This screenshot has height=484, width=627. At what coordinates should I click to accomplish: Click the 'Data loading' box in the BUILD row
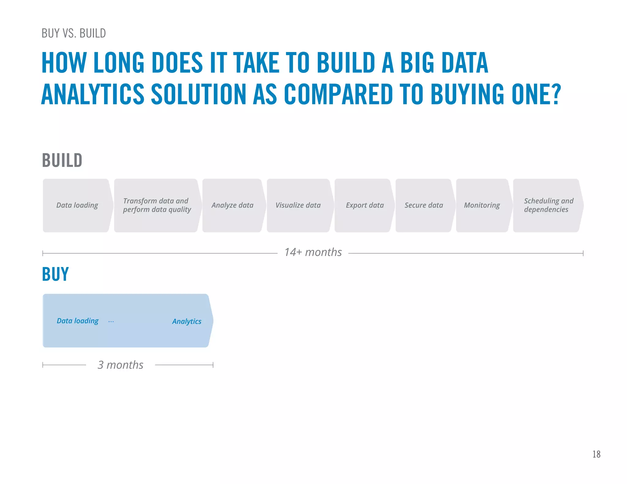[77, 205]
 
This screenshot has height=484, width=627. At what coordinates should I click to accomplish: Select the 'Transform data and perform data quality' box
[156, 205]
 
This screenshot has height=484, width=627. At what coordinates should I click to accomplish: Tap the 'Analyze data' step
[232, 205]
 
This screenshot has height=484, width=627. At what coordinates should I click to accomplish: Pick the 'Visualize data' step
[298, 205]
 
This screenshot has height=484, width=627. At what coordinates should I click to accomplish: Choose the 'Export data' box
[364, 205]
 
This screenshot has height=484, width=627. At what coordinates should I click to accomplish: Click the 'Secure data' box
[424, 205]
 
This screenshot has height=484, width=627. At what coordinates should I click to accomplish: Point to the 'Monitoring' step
[482, 205]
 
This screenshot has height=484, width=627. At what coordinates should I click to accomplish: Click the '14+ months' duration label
[313, 252]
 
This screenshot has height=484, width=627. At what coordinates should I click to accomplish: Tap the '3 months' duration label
[120, 365]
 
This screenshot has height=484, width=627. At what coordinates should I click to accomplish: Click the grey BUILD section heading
[62, 160]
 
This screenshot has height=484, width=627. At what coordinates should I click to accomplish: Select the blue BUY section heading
[55, 274]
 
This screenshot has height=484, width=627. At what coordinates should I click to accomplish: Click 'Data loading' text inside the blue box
[78, 321]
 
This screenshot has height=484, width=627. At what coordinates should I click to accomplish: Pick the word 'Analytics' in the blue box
[187, 322]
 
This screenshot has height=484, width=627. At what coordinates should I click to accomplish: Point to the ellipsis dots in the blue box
[111, 322]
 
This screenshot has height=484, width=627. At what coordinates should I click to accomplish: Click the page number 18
[596, 454]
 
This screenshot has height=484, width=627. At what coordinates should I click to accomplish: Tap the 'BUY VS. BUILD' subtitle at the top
[73, 33]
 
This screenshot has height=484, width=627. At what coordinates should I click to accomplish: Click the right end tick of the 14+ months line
[583, 253]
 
